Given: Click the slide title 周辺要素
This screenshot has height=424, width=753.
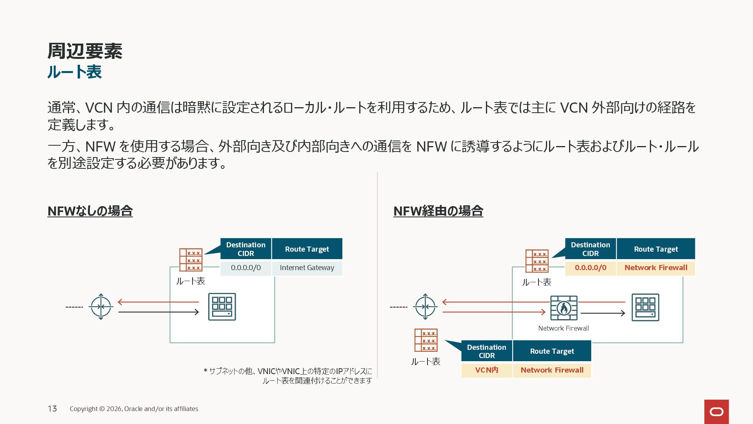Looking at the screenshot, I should [x=85, y=51].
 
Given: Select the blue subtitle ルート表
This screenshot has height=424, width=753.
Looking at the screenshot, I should [x=75, y=72].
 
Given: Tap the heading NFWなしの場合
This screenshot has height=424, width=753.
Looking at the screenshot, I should [x=90, y=211].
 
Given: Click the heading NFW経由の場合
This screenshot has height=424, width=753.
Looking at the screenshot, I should [x=438, y=211].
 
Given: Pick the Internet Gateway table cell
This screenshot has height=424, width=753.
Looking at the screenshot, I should [x=307, y=268].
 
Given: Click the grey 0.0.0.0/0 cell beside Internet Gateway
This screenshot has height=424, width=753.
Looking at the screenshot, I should [x=246, y=268].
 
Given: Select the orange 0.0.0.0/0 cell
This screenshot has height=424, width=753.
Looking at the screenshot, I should [x=590, y=268].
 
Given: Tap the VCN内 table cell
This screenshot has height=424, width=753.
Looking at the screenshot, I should [x=487, y=370].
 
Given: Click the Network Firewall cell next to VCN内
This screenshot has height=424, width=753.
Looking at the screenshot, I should [x=552, y=370].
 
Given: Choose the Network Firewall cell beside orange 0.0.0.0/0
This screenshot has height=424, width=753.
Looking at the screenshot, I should [x=656, y=268].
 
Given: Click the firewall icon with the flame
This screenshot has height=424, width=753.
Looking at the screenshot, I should [x=564, y=308].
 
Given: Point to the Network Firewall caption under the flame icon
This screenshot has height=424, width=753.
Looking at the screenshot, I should [x=563, y=328].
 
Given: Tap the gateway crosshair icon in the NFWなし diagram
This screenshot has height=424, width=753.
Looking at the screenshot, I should [x=101, y=307].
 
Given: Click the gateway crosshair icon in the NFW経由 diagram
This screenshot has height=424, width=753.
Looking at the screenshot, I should [x=425, y=307].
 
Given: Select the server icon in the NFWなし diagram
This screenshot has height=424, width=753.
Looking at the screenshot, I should [x=222, y=307].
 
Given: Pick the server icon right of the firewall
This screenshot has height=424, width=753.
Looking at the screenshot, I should [x=645, y=307].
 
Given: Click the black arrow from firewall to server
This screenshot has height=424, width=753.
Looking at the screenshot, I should [x=602, y=313].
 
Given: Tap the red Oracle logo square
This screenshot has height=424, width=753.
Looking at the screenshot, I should [x=716, y=411].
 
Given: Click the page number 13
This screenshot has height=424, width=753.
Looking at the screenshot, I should [x=52, y=409].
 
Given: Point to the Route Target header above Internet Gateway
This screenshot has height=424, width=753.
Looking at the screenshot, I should [x=307, y=249].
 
